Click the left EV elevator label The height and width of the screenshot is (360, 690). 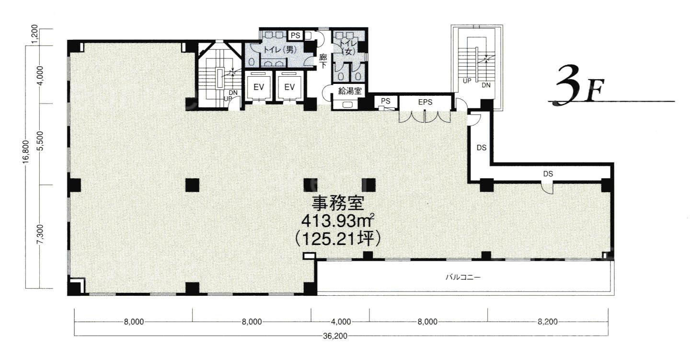pos(259,87)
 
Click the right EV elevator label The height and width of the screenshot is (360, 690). pos(289,87)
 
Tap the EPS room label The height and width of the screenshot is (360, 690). pos(425,102)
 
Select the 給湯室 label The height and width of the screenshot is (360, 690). pos(350,91)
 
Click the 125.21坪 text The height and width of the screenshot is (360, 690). pos(338,239)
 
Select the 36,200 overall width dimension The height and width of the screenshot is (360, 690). pos(335,336)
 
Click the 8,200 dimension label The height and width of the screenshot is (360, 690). pos(547,322)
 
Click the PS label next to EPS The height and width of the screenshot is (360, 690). pos(385,101)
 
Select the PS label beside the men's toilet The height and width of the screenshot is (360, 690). pos(295,35)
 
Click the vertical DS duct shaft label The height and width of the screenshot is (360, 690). pos(482,148)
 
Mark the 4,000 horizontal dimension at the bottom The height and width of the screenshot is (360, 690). pos(341,322)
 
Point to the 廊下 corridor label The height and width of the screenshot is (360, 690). pos(323,61)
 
